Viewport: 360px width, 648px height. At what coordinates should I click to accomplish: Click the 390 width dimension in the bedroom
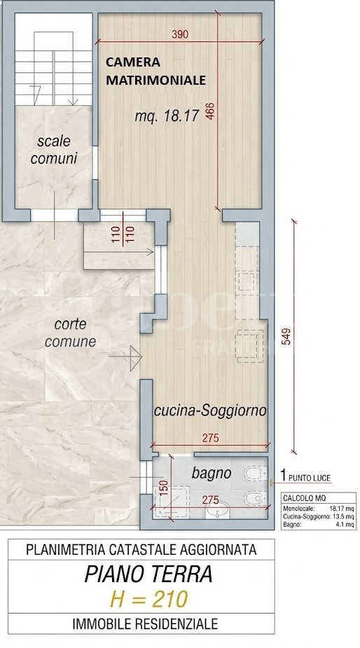(181, 34)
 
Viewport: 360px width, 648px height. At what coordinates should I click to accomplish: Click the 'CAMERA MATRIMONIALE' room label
(155, 71)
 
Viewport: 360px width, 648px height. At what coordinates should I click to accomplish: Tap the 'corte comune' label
(70, 333)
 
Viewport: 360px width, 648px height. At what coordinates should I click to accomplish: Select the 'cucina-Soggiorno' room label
(210, 411)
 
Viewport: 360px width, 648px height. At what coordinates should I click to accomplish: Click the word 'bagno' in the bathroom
(212, 474)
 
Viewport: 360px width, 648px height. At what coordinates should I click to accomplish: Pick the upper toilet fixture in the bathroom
(254, 476)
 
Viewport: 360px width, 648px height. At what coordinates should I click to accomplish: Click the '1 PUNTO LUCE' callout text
(305, 478)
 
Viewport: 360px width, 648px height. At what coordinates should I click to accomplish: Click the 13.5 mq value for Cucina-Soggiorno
(340, 516)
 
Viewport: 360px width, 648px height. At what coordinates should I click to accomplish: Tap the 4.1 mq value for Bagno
(342, 524)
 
